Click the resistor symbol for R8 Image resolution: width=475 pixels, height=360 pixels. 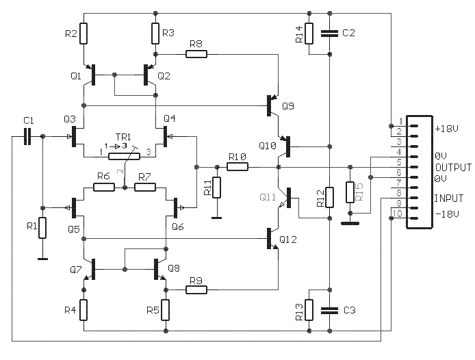point(196,54)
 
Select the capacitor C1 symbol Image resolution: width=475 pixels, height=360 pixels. point(27,137)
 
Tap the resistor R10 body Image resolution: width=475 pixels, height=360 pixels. point(237,167)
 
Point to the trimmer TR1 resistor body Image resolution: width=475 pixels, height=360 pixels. point(125,156)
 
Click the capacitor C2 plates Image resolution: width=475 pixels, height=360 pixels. point(330,34)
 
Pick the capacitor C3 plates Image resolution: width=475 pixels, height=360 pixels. point(330,310)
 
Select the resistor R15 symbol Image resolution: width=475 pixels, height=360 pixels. point(350,192)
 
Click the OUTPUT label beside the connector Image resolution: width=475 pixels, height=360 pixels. point(454,167)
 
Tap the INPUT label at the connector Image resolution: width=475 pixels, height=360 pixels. point(449,198)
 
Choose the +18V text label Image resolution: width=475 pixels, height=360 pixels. point(447,129)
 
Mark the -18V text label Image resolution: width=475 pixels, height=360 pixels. point(448,214)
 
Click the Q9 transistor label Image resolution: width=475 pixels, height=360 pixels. point(288,106)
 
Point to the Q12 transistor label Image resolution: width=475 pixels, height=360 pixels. point(288,240)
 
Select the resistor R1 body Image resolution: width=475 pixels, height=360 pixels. point(42,228)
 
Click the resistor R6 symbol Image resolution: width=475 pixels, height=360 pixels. point(104,188)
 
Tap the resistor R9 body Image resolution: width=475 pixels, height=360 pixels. point(196,290)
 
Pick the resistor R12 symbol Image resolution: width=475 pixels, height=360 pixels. point(330,198)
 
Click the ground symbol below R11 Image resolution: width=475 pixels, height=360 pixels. point(216,218)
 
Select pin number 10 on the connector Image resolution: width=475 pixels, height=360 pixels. point(398,214)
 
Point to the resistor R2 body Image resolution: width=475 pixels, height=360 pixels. point(84,34)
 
